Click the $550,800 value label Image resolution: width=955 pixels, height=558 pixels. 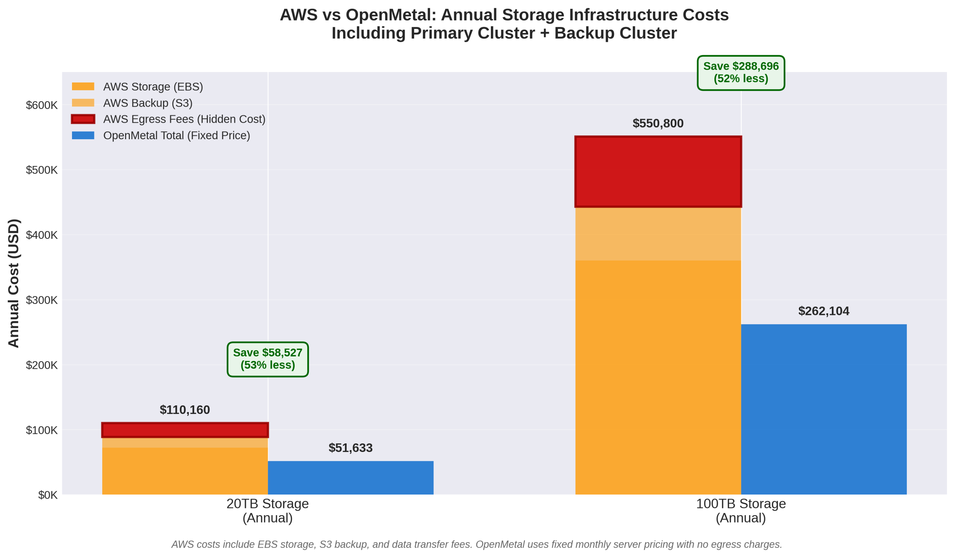(658, 124)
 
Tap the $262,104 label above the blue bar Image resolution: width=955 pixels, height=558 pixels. (823, 311)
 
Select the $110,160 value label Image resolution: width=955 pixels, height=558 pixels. (185, 410)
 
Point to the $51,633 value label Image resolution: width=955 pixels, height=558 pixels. (351, 448)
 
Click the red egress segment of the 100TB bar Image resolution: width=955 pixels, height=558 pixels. (658, 172)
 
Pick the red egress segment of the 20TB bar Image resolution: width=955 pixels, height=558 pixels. (185, 430)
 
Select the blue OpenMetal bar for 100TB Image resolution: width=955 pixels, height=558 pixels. (823, 409)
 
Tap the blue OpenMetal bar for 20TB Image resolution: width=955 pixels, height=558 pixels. (351, 478)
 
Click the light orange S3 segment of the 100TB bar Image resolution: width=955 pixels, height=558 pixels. (658, 234)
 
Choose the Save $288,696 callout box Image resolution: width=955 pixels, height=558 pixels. (741, 73)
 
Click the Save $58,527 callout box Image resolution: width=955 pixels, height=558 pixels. (267, 359)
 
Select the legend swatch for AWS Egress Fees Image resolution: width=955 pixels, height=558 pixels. (83, 119)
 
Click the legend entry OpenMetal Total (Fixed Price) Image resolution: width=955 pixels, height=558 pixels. (176, 136)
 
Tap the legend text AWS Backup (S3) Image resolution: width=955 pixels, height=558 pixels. (148, 103)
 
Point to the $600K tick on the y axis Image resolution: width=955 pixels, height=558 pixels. (42, 105)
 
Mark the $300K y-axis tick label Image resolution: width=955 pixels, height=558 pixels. (42, 300)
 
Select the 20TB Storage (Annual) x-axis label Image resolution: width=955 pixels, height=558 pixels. (267, 511)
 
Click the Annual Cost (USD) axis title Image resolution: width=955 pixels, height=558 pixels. (14, 283)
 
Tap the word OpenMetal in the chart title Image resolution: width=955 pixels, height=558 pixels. (390, 15)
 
